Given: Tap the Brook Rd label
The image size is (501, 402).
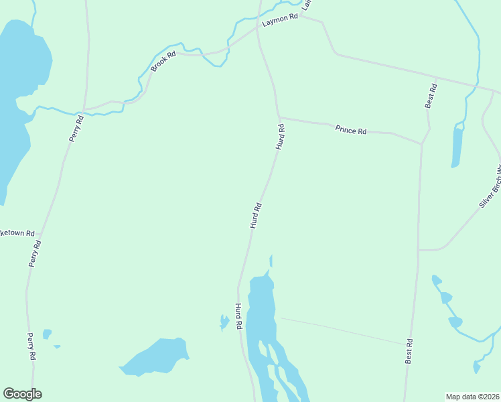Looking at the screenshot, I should (163, 62).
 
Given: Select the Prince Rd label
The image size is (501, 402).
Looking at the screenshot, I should (351, 130).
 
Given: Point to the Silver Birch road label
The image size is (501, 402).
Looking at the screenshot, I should (491, 188).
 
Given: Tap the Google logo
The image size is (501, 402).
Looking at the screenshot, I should (22, 394).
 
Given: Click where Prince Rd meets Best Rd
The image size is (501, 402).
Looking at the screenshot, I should (422, 143).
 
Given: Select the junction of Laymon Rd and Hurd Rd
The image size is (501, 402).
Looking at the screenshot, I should (258, 29).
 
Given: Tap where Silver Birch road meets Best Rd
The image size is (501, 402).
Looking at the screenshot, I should (419, 251).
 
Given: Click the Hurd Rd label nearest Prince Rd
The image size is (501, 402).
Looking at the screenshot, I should (281, 136).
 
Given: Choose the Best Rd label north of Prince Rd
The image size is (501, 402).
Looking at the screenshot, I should (431, 96).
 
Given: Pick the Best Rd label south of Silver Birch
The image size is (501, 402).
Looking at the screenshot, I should (409, 351).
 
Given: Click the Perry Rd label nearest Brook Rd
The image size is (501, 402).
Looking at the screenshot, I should (76, 129).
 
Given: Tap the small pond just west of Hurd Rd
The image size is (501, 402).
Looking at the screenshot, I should (224, 322).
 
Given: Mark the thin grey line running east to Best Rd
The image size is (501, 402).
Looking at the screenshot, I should (342, 331).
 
